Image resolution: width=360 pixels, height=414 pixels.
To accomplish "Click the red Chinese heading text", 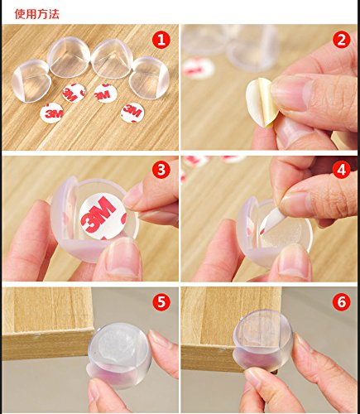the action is click(x=37, y=14).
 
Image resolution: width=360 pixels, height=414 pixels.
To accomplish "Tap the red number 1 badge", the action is click(x=161, y=40).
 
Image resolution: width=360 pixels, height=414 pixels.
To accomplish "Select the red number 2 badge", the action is click(x=342, y=40).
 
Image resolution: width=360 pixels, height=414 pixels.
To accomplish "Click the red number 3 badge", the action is click(x=161, y=171).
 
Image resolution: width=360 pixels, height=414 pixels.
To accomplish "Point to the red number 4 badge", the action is click(x=342, y=171).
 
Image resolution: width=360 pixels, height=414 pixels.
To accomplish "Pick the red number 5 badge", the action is click(x=161, y=301).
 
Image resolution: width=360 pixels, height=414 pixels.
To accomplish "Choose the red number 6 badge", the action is click(x=342, y=301).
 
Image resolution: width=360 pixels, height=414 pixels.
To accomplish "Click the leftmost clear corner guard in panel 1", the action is click(x=31, y=80).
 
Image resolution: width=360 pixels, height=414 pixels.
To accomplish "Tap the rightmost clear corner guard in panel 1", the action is click(x=149, y=78).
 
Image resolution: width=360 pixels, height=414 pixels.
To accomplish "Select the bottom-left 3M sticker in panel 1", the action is click(x=51, y=113).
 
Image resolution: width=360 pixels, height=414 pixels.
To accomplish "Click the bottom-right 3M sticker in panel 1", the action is click(x=132, y=113).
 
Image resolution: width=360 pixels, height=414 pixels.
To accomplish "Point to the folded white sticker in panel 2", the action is click(x=260, y=103).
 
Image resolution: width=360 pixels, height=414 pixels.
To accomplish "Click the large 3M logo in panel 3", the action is click(x=98, y=214).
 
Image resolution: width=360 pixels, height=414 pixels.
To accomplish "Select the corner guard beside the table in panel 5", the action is click(x=120, y=354).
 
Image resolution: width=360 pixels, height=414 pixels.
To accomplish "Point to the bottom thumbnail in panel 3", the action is click(x=123, y=258).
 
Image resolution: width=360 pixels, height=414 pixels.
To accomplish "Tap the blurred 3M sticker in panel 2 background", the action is click(x=198, y=68).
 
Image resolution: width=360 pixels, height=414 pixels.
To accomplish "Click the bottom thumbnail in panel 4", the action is click(x=294, y=262).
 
